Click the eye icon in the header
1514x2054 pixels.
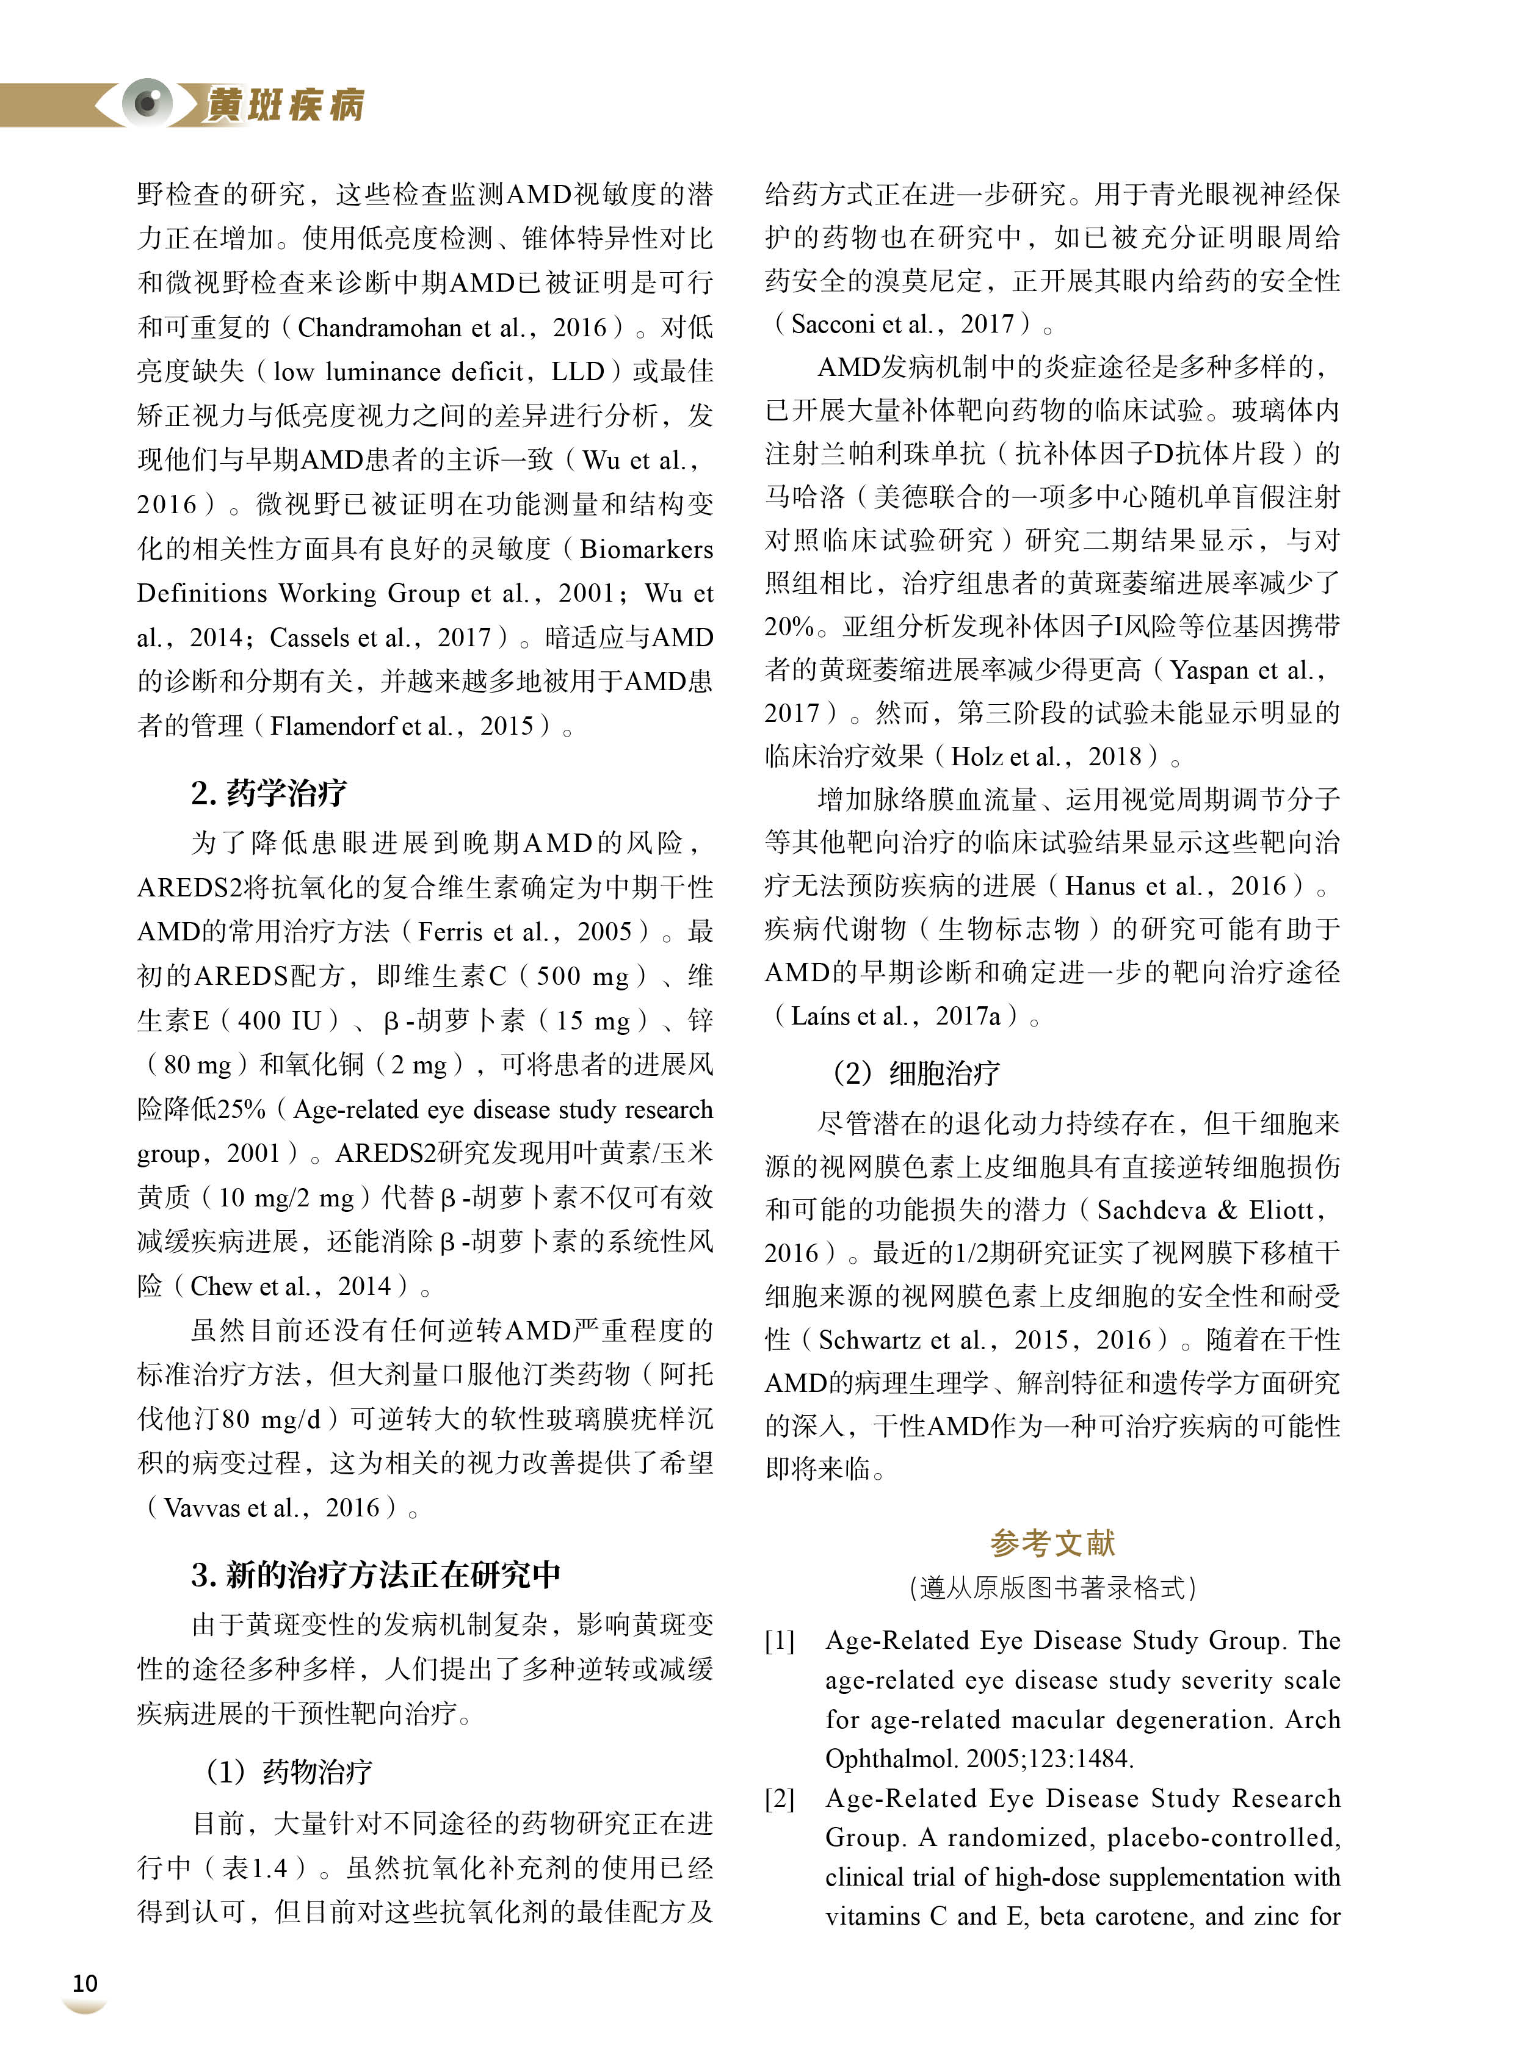[147, 102]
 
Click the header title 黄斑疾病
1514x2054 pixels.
[285, 104]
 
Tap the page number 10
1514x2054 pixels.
[84, 1983]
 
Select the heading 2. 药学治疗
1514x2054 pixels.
[269, 793]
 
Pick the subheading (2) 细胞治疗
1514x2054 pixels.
[916, 1073]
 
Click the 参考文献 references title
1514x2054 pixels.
[1052, 1543]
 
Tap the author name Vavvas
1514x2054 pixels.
[203, 1508]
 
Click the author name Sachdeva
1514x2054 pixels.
[1151, 1210]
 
